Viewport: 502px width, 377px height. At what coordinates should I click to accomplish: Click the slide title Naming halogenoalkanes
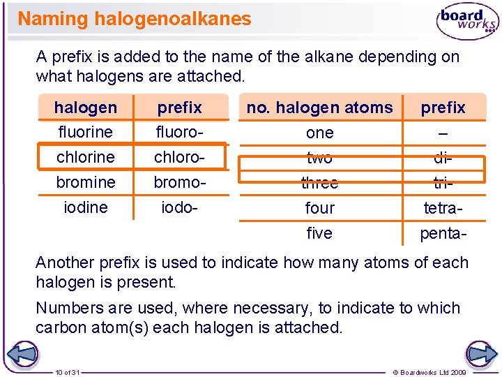coord(134,19)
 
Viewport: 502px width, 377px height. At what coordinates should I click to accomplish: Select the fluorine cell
coord(86,132)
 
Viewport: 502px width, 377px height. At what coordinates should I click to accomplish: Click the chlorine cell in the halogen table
coord(86,157)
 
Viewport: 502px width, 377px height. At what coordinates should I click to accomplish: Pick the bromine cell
coord(86,182)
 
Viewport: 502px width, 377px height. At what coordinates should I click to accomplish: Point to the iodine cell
coord(86,207)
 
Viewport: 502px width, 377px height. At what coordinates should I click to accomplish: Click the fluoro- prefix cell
coord(179,132)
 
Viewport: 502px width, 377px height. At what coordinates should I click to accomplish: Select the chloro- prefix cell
coord(179,157)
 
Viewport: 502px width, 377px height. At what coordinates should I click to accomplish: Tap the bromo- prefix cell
coord(179,182)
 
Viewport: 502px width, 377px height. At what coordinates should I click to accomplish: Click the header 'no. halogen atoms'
coord(319,108)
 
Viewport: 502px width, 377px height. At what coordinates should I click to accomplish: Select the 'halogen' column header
coord(86,108)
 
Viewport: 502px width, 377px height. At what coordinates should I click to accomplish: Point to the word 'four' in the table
coord(319,207)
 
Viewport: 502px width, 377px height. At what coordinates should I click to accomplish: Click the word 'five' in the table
coord(319,232)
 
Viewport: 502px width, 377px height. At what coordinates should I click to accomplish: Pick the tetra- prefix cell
coord(443,207)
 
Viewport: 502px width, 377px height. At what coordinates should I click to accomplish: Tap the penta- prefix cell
coord(443,232)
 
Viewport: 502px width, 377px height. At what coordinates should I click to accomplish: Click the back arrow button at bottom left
coord(23,353)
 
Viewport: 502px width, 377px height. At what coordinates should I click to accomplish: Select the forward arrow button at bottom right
coord(480,353)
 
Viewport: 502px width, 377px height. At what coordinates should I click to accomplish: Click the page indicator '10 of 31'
coord(68,372)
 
